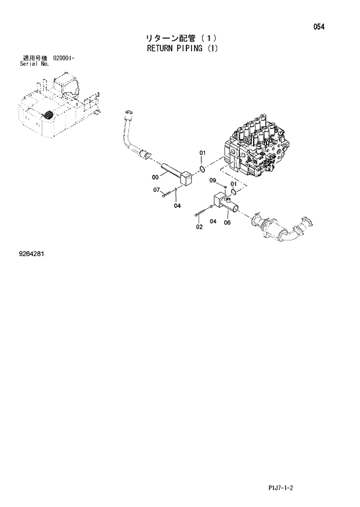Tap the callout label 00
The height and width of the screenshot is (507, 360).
pos(156,177)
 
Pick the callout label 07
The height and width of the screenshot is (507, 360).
pos(157,190)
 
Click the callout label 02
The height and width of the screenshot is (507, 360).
pos(199,226)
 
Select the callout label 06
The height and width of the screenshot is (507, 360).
pos(227,222)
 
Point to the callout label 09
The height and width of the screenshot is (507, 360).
pos(213,180)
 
